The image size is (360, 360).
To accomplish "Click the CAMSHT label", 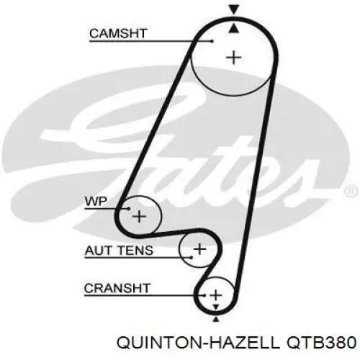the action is [x=118, y=33].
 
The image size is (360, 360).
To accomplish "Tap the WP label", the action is [x=96, y=202].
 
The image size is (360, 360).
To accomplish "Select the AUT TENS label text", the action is [x=119, y=251].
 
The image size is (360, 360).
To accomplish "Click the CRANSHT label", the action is [x=117, y=288].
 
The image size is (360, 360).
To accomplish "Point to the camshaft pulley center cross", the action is [x=234, y=58].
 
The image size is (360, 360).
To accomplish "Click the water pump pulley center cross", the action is [x=139, y=217].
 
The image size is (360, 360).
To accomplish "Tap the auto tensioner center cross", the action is [x=199, y=249].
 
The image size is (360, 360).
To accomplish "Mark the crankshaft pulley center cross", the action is [x=216, y=295].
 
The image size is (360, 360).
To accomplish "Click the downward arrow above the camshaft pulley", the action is [x=234, y=9].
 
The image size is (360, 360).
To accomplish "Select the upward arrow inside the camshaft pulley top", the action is [x=234, y=28].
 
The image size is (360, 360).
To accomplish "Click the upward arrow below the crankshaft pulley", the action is [x=216, y=319].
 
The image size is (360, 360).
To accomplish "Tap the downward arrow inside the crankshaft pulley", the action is [x=216, y=307].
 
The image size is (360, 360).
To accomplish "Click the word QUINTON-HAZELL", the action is [x=198, y=343].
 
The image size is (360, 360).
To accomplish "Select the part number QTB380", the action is [x=321, y=343].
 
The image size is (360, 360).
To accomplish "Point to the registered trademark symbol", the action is [x=351, y=192].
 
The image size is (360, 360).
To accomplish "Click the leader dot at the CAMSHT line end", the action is [x=212, y=41].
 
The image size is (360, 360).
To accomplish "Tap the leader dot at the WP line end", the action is [x=129, y=209].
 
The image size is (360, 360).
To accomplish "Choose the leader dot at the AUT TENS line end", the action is [x=192, y=258].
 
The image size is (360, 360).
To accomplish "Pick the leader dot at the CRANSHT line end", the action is [x=204, y=295].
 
